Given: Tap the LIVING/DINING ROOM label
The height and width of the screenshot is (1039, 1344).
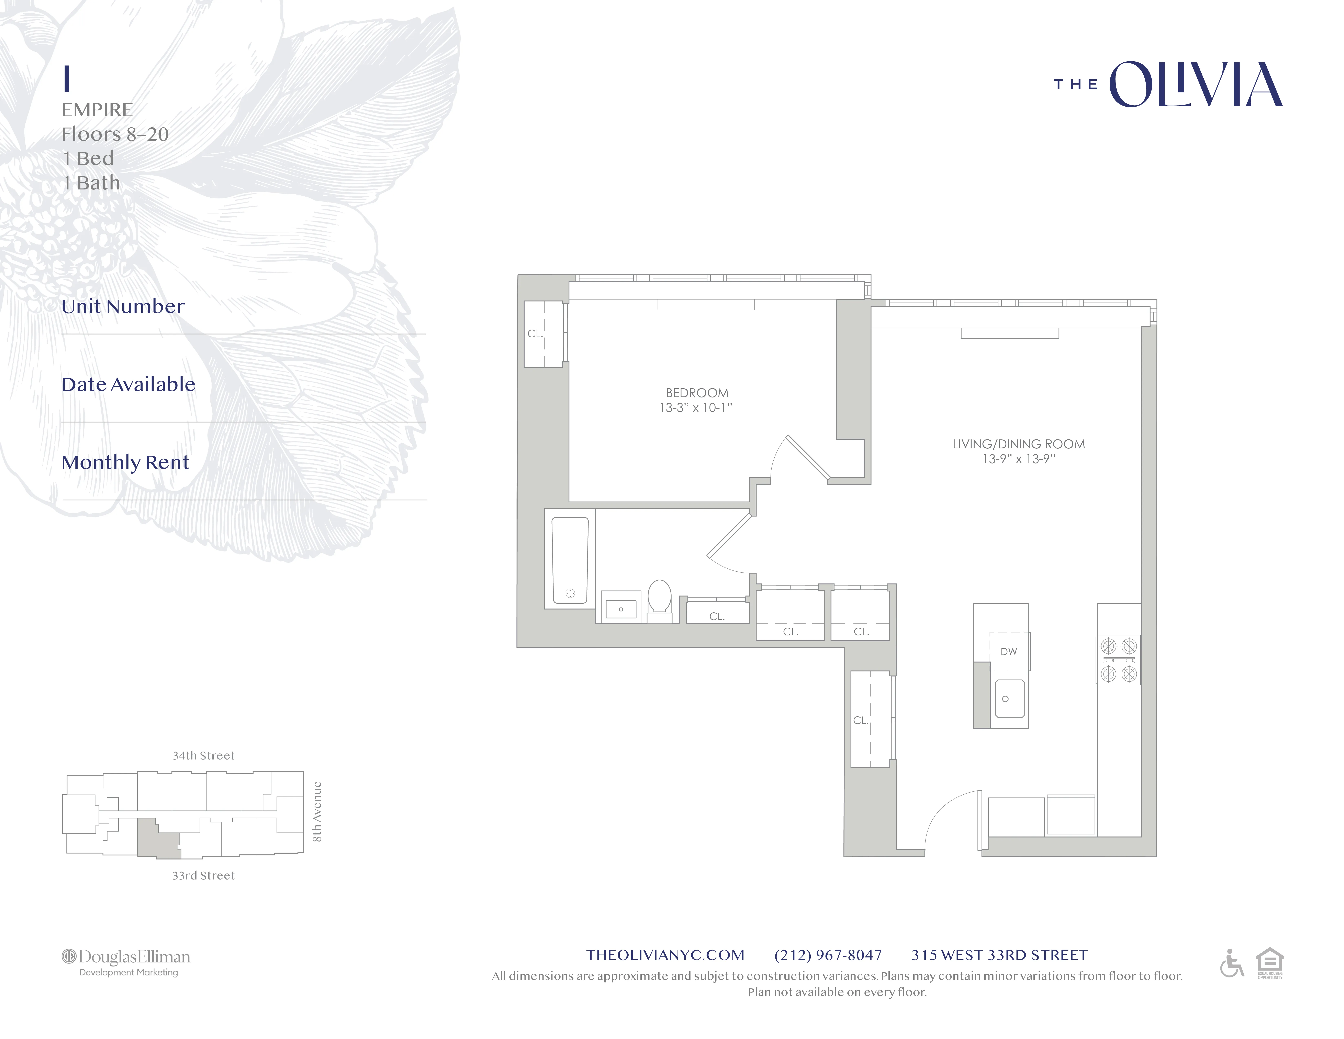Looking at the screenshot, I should point(1018,444).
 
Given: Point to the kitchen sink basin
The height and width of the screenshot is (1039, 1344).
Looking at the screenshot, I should point(1009,699).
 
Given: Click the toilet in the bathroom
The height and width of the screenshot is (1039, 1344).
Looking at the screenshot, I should point(660,600).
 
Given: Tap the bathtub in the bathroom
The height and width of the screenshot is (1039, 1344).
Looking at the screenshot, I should point(570,560).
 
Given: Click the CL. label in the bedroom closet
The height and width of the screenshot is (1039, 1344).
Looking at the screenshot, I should point(535,334).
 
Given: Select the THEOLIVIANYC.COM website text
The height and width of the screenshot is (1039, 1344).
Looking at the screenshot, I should point(665,955).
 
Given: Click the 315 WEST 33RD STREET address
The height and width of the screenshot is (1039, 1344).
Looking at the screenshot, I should point(999,955).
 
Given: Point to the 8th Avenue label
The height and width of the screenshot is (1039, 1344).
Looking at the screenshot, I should point(317,811).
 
